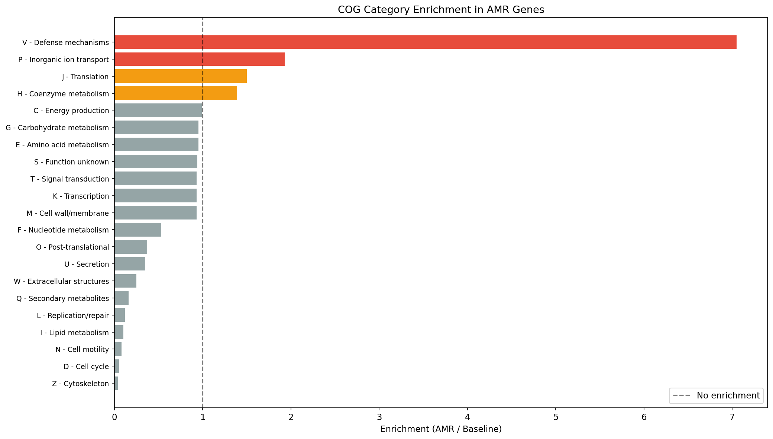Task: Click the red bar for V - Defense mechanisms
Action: tap(425, 42)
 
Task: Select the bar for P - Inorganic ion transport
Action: tap(199, 59)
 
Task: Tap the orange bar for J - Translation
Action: tap(180, 76)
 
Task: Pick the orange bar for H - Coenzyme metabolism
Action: tap(175, 93)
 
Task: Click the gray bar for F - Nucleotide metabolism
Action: tap(138, 230)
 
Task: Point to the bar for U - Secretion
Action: tap(130, 264)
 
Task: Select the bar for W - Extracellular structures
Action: tap(125, 281)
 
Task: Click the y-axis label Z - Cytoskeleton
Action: tap(81, 384)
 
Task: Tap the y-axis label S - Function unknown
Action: tap(72, 162)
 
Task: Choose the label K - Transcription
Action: tap(81, 196)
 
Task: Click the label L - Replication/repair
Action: tap(73, 315)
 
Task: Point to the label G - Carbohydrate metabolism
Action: tap(57, 128)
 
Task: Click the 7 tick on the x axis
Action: tap(732, 417)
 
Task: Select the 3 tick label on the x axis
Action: tap(379, 417)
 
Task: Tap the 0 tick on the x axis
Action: tap(114, 417)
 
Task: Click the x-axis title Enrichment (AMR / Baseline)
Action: tap(441, 429)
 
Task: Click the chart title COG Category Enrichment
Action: tap(441, 10)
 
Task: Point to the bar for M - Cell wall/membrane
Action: tap(155, 213)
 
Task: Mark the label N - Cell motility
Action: tap(82, 349)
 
